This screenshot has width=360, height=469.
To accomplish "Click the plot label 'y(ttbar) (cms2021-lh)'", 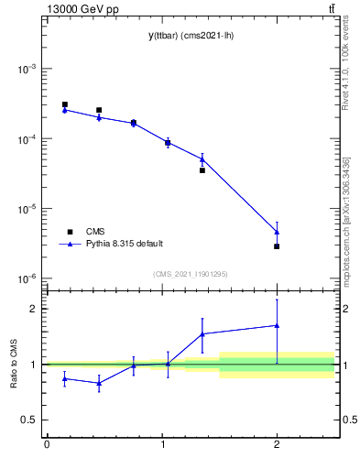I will (189, 36).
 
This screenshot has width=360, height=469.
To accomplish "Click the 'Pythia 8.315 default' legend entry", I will (124, 244).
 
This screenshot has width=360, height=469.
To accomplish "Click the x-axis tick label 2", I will (277, 444).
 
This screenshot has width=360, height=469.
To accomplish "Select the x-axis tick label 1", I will (161, 444).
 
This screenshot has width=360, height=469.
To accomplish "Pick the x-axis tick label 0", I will (47, 444).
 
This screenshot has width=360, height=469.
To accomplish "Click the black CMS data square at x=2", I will (277, 246).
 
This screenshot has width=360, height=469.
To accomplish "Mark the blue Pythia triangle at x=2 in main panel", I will (277, 232).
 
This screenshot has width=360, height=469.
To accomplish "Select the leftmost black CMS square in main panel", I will (64, 104).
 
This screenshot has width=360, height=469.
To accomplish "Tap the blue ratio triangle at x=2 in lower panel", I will (277, 325).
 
